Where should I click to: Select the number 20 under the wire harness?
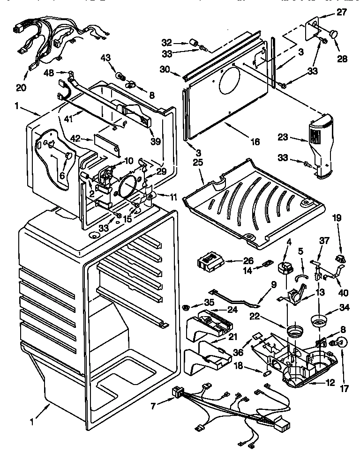coord(21,87)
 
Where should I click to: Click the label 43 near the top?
coord(105,57)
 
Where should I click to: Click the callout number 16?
coord(255,141)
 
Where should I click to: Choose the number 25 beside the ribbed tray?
coord(198,162)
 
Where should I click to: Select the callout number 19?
coord(337,218)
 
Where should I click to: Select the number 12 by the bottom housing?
coord(330,382)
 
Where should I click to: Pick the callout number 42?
coord(75,138)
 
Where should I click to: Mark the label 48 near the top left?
coord(48,73)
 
